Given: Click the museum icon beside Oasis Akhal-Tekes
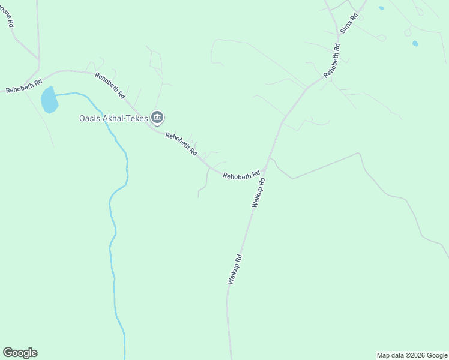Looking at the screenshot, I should (x=158, y=118).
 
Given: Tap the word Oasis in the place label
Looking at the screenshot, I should (x=90, y=118).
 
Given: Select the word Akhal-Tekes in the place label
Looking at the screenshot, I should (x=125, y=118).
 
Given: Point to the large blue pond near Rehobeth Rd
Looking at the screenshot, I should (x=49, y=100).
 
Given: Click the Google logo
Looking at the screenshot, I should (x=20, y=353).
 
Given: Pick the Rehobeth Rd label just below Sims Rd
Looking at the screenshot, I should (x=332, y=60).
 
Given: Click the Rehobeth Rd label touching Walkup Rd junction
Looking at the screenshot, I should (x=241, y=176).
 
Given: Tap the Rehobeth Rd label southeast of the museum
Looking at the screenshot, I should (x=181, y=144).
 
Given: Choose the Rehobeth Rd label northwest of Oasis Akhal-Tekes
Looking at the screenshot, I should (x=110, y=85).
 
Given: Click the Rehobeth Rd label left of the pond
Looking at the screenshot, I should (x=23, y=86).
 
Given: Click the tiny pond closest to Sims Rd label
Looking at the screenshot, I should (x=381, y=8).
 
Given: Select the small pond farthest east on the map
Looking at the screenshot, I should (x=415, y=43).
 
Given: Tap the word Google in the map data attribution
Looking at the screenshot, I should (x=437, y=355).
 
